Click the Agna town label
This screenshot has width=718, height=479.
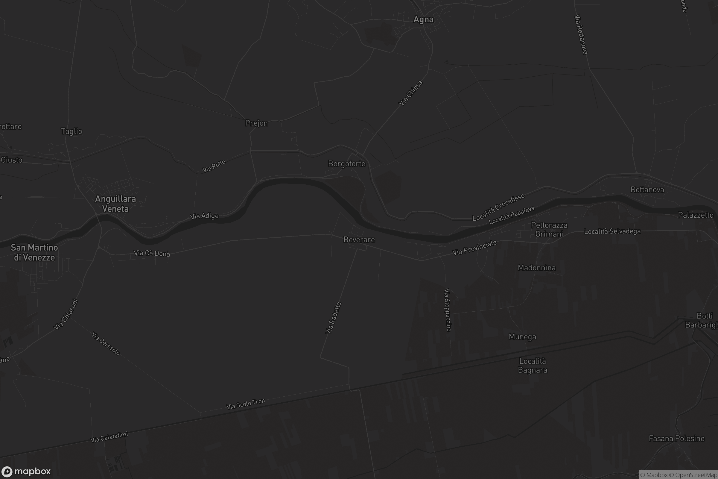(x=423, y=19)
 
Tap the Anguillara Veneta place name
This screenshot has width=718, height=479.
(x=115, y=204)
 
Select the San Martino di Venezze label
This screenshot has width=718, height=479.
(x=34, y=252)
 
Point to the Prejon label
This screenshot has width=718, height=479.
(x=256, y=123)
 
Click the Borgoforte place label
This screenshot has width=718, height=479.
(x=346, y=164)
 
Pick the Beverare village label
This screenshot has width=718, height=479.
(x=359, y=240)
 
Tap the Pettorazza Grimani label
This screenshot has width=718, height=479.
(x=549, y=229)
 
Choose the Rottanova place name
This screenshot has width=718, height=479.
(x=647, y=190)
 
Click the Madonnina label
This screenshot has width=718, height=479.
(x=537, y=268)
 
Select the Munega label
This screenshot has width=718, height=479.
(x=522, y=336)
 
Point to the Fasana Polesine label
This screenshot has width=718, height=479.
(x=676, y=439)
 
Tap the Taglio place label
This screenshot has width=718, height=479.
(x=72, y=131)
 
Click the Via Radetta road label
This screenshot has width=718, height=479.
(x=333, y=318)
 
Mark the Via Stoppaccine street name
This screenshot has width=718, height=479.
(x=447, y=310)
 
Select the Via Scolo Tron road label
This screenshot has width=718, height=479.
(x=245, y=404)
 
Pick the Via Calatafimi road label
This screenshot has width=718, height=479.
(x=109, y=437)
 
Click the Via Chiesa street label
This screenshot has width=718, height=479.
(x=410, y=93)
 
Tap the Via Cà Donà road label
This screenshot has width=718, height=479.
(x=152, y=253)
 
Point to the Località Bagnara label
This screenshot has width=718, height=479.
(x=533, y=366)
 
